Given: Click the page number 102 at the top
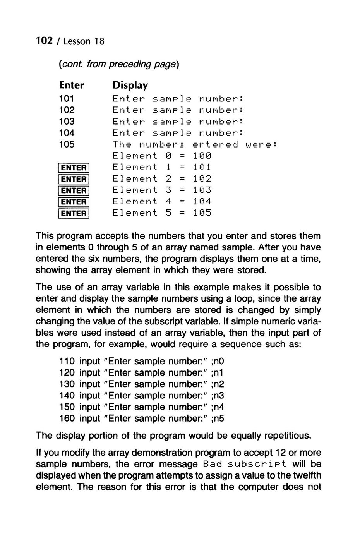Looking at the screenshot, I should tap(44, 41).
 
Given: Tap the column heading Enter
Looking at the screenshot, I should tap(71, 85).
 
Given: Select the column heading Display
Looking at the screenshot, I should tap(130, 85).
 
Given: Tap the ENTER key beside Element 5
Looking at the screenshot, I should tap(74, 213).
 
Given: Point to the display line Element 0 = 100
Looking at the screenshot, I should tap(162, 156).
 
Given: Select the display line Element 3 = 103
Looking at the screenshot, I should tap(162, 190).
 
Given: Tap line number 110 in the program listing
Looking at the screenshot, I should tap(67, 361).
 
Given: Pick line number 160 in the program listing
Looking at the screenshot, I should tap(67, 418).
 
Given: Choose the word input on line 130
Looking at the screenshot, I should tap(90, 384).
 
